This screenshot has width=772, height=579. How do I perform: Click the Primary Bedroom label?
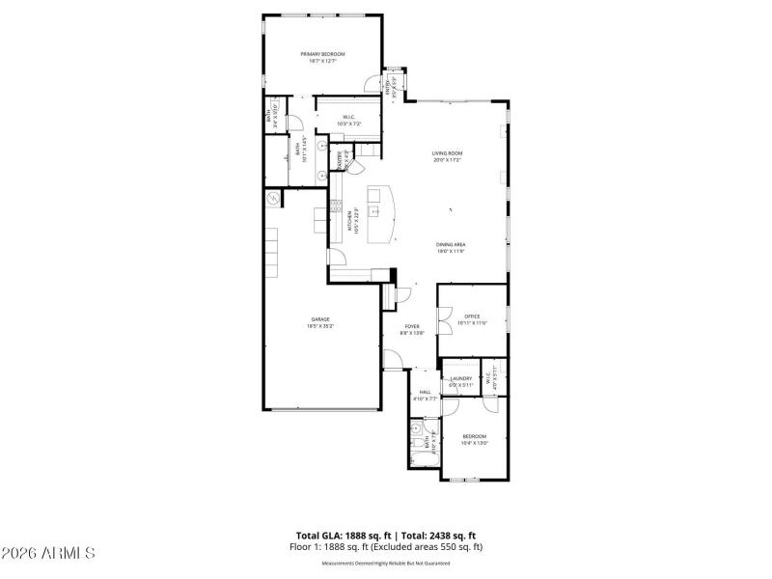pyautogui.click(x=322, y=54)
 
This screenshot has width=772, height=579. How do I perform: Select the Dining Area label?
pyautogui.click(x=450, y=245)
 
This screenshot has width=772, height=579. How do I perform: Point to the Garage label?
pyautogui.click(x=319, y=319)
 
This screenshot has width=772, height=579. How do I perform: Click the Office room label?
pyautogui.click(x=472, y=317)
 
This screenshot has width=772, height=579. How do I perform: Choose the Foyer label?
pyautogui.click(x=412, y=326)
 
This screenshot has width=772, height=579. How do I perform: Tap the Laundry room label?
pyautogui.click(x=460, y=378)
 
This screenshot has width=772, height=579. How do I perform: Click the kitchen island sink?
pyautogui.click(x=373, y=198)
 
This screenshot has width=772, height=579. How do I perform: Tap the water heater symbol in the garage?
pyautogui.click(x=273, y=199)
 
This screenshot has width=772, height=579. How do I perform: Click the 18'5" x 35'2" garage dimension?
pyautogui.click(x=319, y=327)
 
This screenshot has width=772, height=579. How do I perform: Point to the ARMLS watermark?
pyautogui.click(x=48, y=553)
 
